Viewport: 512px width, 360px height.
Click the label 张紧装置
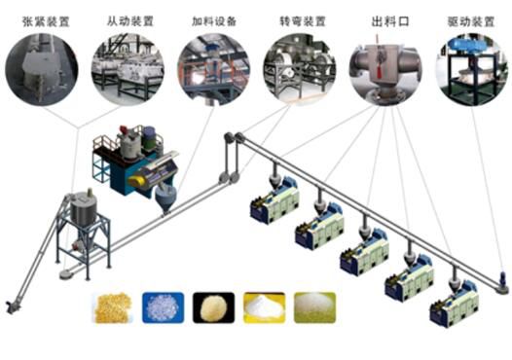(x=46, y=21)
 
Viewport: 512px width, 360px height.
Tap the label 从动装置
(x=130, y=21)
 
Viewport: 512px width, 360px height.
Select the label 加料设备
(x=214, y=21)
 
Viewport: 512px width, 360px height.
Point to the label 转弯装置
(x=303, y=21)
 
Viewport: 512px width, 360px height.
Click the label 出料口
(x=390, y=21)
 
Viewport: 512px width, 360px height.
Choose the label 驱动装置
(x=471, y=21)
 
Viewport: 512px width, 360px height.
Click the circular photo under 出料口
(x=385, y=69)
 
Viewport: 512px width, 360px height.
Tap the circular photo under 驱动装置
(x=472, y=69)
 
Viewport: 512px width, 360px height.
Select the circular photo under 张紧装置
(x=42, y=69)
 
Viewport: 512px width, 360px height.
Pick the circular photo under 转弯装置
(x=300, y=69)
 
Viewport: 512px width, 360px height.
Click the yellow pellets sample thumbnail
(x=113, y=307)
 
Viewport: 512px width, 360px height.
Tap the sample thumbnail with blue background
(x=163, y=307)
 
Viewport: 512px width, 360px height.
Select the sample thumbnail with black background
(x=213, y=307)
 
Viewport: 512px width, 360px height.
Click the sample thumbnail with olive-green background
(x=314, y=307)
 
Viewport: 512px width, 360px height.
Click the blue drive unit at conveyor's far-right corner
(x=503, y=280)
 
